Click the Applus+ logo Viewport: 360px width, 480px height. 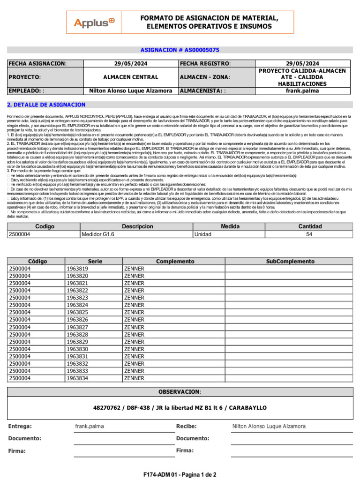click(94, 22)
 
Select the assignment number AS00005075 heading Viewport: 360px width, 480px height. click(180, 50)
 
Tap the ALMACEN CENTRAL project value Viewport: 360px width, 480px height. click(131, 77)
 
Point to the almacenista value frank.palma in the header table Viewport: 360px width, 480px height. click(302, 91)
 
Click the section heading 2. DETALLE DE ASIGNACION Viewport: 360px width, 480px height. click(46, 105)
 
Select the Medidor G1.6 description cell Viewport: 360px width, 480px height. click(98, 234)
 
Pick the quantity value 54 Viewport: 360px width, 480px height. click(309, 234)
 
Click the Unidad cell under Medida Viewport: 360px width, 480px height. click(202, 234)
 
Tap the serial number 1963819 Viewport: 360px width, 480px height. click(77, 269)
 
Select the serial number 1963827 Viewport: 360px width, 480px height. click(77, 327)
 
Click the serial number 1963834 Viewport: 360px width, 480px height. click(77, 378)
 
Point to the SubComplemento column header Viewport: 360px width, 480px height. click(290, 262)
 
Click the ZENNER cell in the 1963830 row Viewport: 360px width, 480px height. click(134, 349)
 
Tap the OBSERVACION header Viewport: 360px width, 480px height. click(180, 391)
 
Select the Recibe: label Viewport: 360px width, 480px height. click(186, 426)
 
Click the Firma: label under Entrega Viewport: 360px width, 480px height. click(17, 450)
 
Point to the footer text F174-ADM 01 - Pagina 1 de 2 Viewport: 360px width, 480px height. click(180, 474)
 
